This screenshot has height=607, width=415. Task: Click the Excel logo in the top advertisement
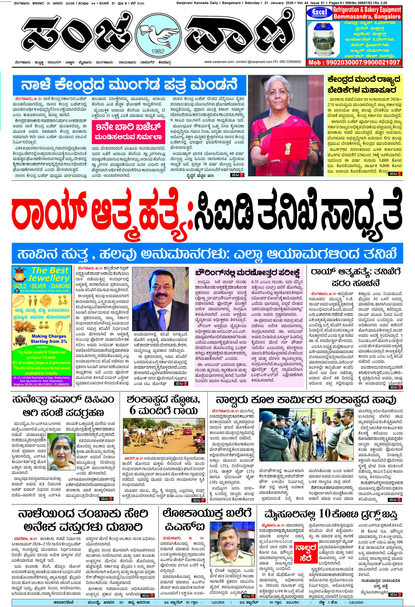click(319, 13)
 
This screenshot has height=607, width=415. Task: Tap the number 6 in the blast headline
click(133, 411)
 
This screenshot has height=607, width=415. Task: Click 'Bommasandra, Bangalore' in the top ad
click(367, 16)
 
